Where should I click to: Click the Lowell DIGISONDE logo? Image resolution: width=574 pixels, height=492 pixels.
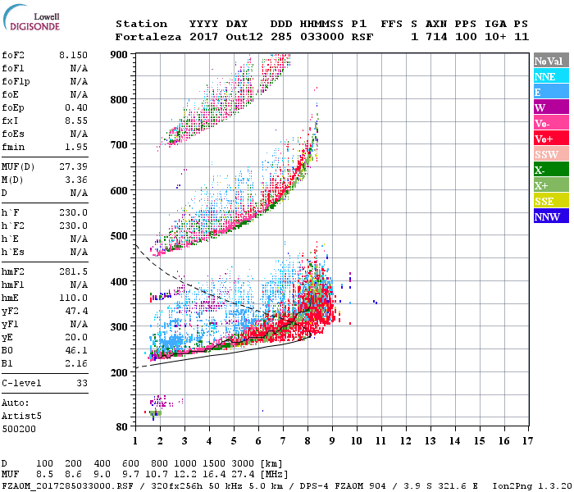(33, 23)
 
